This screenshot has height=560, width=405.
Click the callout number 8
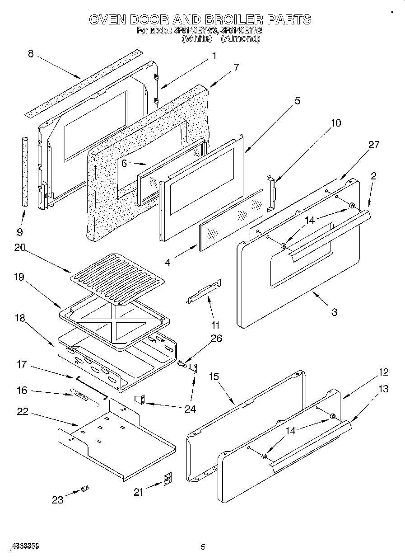click(x=31, y=54)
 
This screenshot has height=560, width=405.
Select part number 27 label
click(x=373, y=145)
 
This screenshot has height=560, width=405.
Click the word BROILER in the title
click(x=233, y=19)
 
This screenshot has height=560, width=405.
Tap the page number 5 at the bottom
click(x=203, y=547)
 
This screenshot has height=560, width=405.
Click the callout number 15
click(x=214, y=376)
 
